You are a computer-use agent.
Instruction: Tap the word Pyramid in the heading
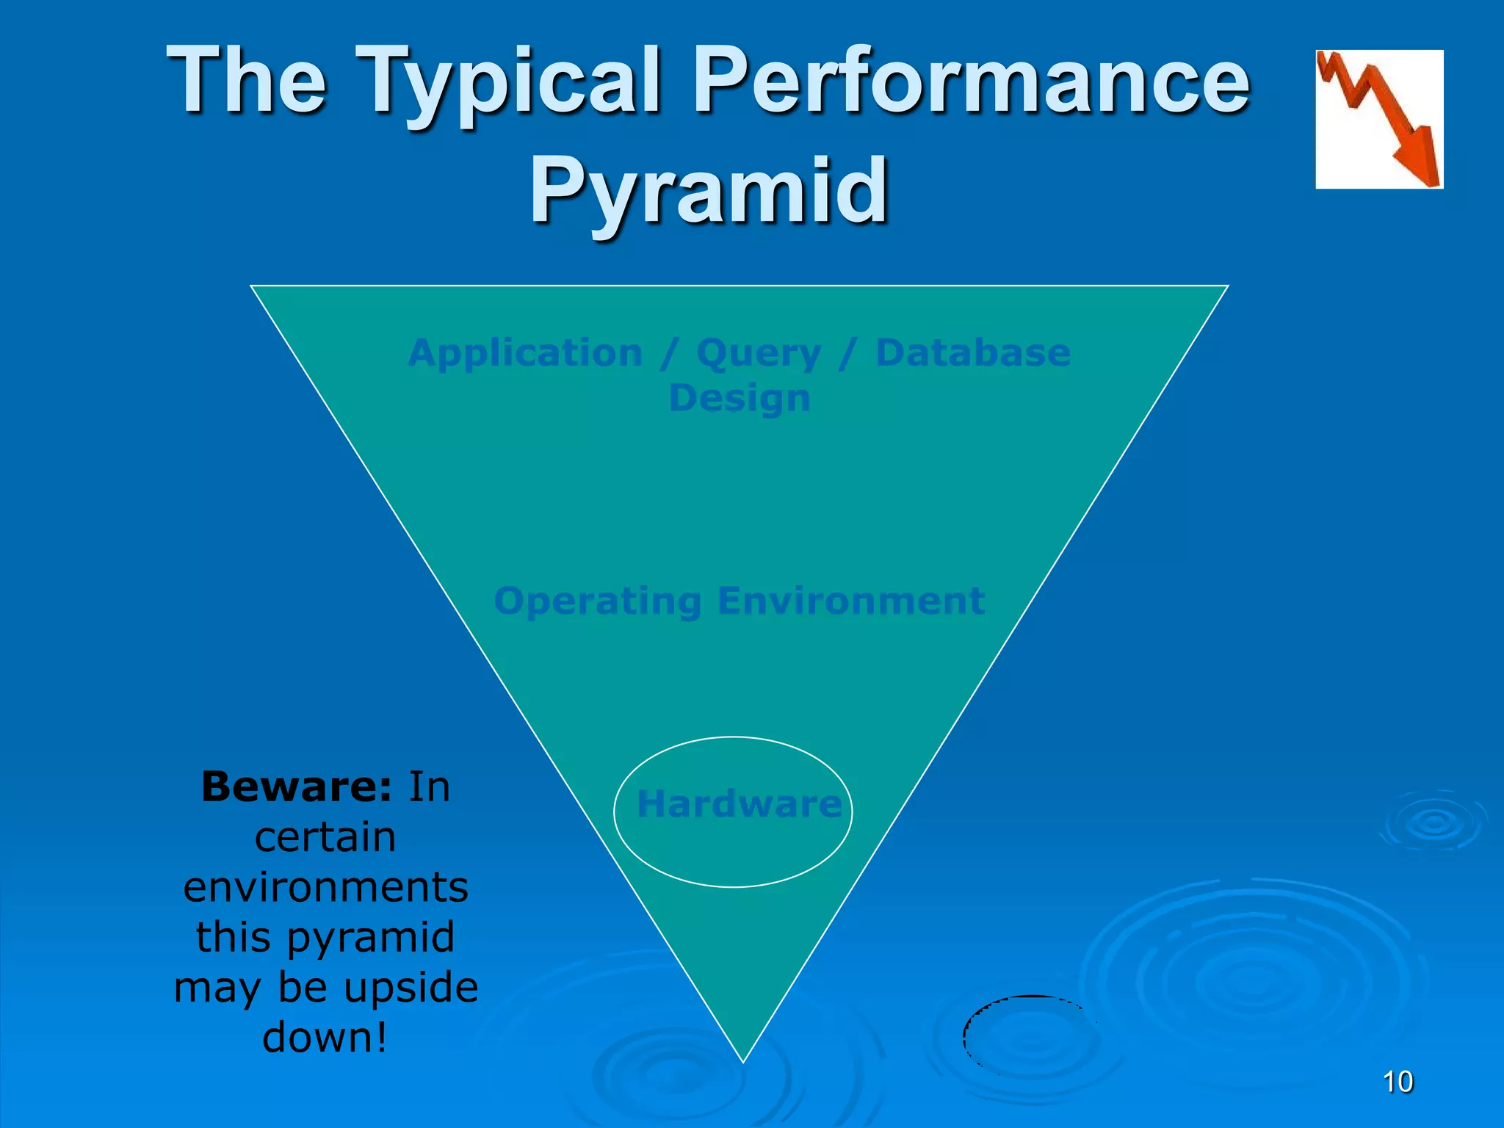pos(709,192)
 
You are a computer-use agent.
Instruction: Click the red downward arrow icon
pos(1378,119)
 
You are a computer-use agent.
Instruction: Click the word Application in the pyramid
pos(525,353)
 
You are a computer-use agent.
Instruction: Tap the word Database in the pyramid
pos(972,352)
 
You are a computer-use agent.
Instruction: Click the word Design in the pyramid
pos(739,399)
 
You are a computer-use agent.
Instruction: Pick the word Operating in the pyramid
pos(598,602)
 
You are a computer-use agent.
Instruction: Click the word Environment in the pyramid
pos(850,601)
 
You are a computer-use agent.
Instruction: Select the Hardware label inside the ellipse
pos(738,804)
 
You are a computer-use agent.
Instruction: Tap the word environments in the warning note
pos(325,887)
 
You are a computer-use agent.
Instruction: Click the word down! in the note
pos(325,1038)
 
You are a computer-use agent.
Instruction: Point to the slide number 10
pos(1397,1082)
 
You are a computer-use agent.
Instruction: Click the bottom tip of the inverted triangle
pos(743,1059)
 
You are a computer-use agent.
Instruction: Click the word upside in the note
pos(411,988)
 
